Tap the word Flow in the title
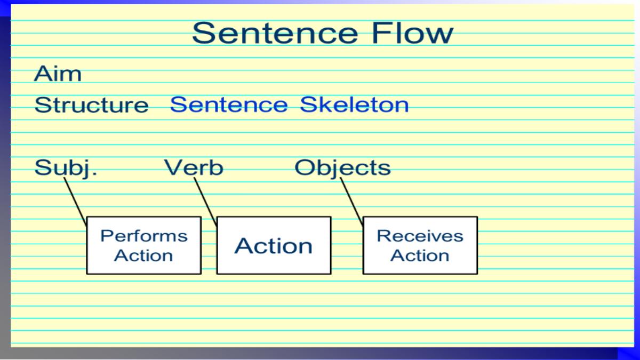coord(412,33)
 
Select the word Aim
coord(58,74)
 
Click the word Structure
coord(91,105)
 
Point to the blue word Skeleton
coord(354,105)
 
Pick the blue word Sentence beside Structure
coord(228,105)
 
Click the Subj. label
coord(66,168)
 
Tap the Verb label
coord(194,168)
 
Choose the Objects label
coord(342,168)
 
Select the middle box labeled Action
coord(274,245)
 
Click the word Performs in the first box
coord(144,236)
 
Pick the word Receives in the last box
coord(420,236)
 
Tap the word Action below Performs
coord(144,255)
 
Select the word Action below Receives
coord(420,255)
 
